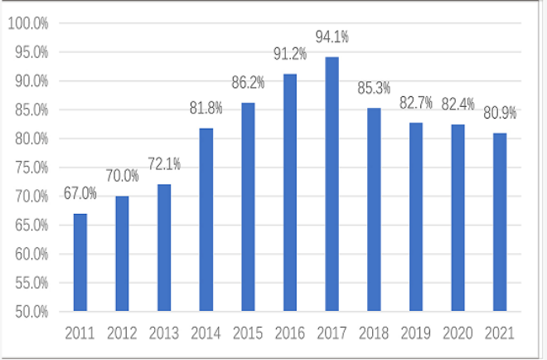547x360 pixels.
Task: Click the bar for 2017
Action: point(332,184)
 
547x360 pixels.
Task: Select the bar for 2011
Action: point(80,262)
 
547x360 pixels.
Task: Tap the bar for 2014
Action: point(206,220)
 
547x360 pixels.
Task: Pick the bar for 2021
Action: point(499,222)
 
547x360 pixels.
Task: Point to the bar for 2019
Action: point(415,217)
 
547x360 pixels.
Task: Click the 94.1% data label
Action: point(332,36)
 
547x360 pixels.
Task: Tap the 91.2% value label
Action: point(290,54)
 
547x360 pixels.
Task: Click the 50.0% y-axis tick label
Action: point(31,311)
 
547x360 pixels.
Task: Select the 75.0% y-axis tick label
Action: point(31,168)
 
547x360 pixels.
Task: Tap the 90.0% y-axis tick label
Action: point(31,81)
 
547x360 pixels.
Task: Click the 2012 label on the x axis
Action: point(122,333)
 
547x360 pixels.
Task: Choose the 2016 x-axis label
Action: point(290,333)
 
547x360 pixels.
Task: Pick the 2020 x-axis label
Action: point(457,333)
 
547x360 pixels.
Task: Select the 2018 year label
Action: point(374,333)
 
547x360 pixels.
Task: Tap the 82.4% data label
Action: point(457,105)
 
